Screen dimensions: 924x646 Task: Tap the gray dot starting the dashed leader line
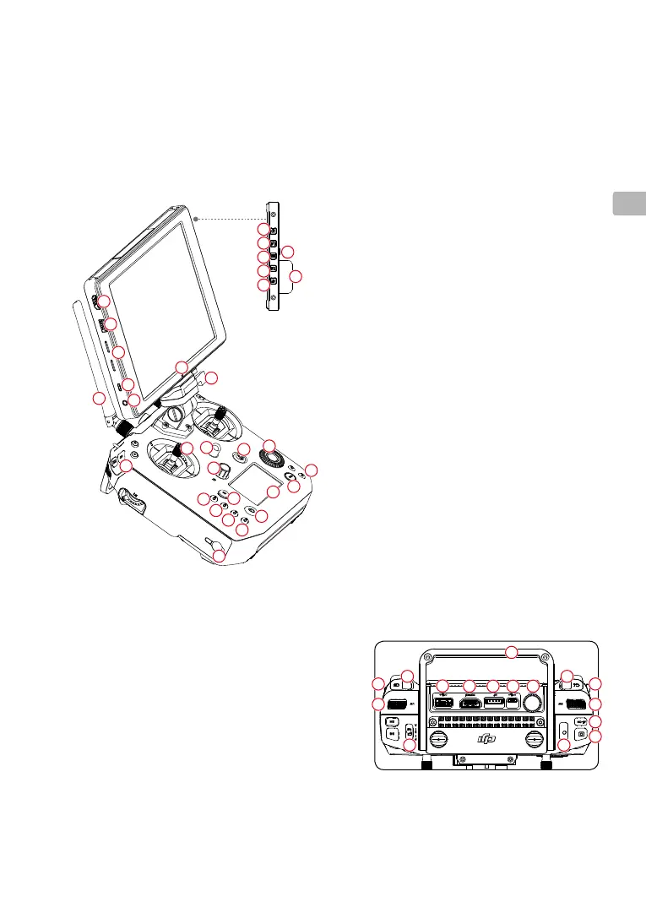coord(195,218)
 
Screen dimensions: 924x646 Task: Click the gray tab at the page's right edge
coord(628,204)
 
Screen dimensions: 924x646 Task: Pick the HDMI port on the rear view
coord(469,702)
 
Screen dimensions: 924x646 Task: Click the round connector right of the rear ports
coord(532,703)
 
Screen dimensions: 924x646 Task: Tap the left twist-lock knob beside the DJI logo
coord(439,739)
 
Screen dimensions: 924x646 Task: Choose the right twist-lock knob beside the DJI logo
coord(533,739)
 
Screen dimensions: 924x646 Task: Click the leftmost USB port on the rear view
coord(443,702)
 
